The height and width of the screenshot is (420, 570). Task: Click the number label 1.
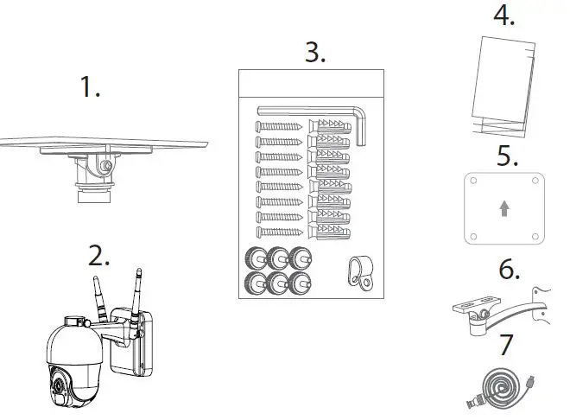(x=90, y=87)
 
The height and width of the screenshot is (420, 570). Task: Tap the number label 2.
(x=100, y=256)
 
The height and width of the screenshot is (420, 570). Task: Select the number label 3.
(x=315, y=52)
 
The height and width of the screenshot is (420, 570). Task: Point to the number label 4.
(x=503, y=16)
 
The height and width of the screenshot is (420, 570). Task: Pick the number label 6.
(x=509, y=270)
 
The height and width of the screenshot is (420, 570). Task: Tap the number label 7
(x=507, y=343)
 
